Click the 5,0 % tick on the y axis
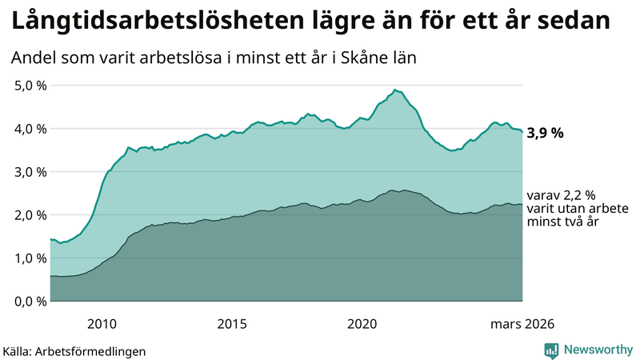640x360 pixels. coord(30,86)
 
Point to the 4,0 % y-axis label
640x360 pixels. coord(30,129)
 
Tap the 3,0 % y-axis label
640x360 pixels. coord(30,172)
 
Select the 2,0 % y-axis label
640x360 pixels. coord(30,215)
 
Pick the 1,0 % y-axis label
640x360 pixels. coord(30,258)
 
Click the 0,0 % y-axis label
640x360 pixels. coord(30,302)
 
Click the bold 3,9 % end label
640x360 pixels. coord(545,133)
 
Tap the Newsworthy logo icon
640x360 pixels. coord(552,350)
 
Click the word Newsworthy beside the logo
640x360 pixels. coord(597,350)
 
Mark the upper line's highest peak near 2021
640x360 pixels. coord(395,90)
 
